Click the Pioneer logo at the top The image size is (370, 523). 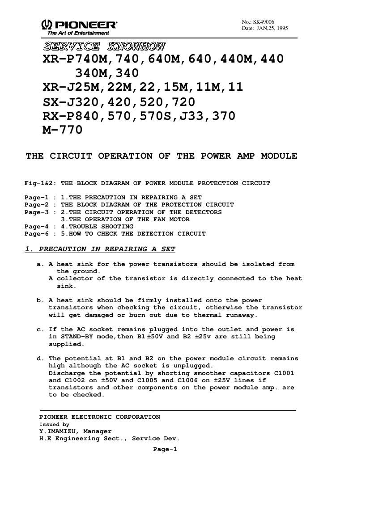tap(80, 25)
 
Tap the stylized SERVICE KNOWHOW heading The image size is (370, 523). tap(104, 46)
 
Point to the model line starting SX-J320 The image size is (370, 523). tap(119, 101)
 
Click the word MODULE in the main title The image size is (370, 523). tap(279, 156)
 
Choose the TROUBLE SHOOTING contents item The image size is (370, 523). tap(101, 227)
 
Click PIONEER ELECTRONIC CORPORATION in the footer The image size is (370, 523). tap(99, 417)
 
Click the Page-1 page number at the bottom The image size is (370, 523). tap(165, 449)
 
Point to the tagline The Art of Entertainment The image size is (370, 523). tap(75, 33)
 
